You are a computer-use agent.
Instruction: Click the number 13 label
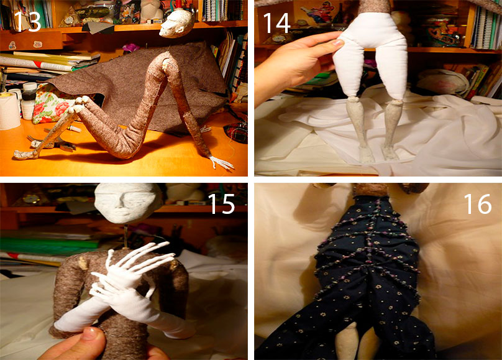click(27, 22)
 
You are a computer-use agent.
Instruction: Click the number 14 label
click(276, 23)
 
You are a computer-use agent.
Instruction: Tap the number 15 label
click(222, 204)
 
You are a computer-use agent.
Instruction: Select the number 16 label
click(478, 204)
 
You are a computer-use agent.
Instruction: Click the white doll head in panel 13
click(176, 23)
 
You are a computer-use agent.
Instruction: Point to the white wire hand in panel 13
click(222, 162)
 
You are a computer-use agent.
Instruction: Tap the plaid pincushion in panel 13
click(236, 132)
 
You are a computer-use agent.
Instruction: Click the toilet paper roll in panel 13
click(9, 111)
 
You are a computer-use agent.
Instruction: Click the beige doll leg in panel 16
click(347, 341)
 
